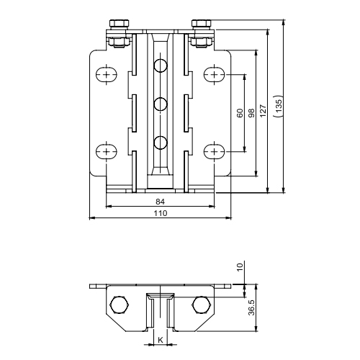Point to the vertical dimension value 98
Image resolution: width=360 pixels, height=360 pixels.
click(251, 113)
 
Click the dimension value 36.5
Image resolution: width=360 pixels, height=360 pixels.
click(251, 307)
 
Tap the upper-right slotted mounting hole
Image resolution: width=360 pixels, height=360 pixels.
click(214, 74)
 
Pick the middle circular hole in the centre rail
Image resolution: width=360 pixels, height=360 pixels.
click(160, 105)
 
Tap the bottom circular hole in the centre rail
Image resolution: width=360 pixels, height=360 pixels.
click(160, 142)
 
